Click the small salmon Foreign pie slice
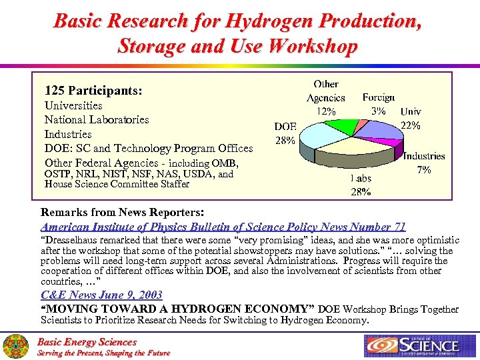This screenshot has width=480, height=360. tap(360, 124)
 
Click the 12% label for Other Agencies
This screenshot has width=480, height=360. tap(325, 112)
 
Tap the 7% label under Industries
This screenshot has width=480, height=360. tap(424, 170)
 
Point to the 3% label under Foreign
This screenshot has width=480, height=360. tap(378, 111)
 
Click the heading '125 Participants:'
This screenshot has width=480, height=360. tap(93, 89)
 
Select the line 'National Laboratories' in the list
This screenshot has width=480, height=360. tap(97, 119)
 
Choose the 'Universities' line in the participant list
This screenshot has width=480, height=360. tap(73, 105)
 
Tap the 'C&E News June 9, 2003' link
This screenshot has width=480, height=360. tap(102, 295)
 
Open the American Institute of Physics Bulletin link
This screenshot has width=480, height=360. tap(223, 227)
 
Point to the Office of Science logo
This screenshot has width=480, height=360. tap(412, 345)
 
